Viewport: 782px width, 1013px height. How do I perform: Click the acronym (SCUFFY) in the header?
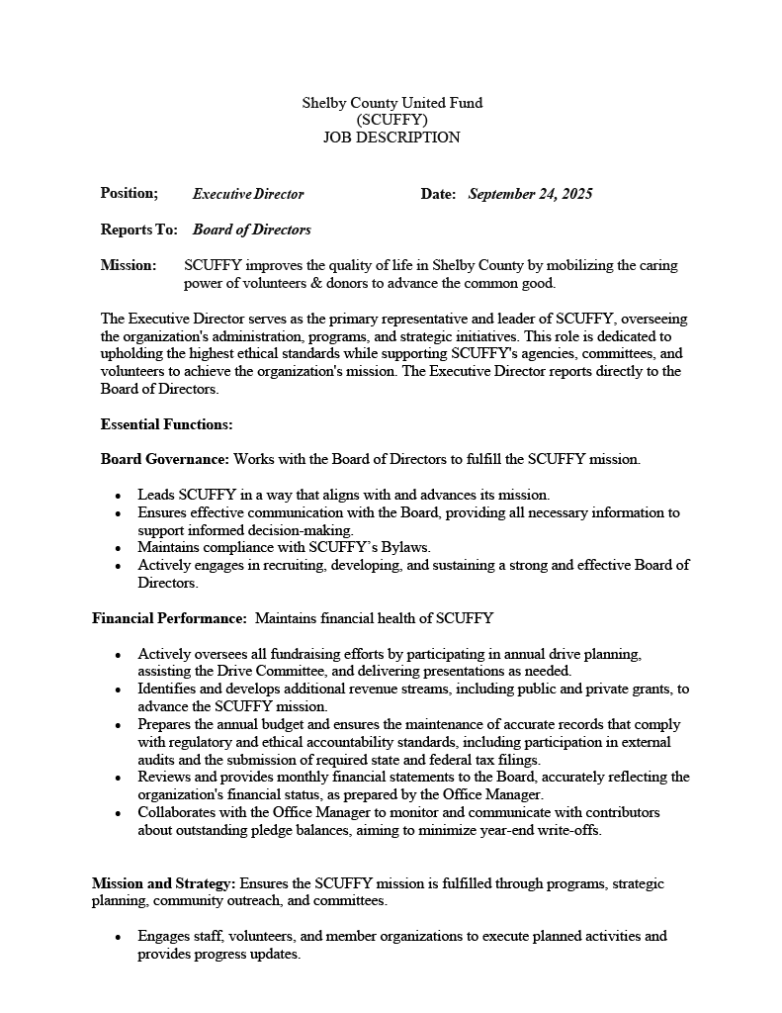click(391, 120)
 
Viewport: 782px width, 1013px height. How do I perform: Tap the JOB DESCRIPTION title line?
click(391, 138)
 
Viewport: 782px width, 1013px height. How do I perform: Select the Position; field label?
click(130, 193)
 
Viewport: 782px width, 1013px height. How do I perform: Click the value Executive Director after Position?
click(248, 194)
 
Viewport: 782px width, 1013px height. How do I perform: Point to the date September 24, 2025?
click(530, 194)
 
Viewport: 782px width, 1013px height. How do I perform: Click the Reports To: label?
click(138, 230)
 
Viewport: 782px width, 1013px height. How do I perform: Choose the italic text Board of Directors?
click(252, 230)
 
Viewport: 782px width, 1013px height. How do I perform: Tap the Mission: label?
click(129, 265)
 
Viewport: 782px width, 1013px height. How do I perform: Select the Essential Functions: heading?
click(166, 424)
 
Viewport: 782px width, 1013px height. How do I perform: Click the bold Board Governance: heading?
click(165, 459)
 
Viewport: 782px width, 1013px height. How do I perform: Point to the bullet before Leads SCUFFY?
click(119, 495)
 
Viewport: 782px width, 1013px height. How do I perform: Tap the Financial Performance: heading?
click(169, 618)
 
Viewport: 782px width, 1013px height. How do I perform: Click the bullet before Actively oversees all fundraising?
click(119, 655)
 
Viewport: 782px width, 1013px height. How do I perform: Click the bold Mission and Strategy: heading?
click(164, 882)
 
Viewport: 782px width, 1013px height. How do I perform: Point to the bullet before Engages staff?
click(119, 937)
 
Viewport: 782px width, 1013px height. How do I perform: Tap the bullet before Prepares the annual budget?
click(119, 725)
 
